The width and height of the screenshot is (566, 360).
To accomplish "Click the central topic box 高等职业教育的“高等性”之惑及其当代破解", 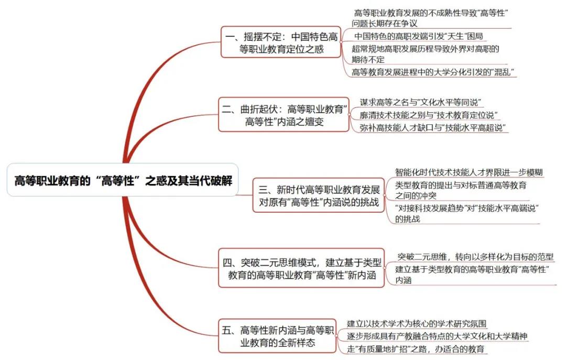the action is click(123, 180).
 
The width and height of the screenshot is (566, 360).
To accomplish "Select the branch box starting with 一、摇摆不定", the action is click(281, 42).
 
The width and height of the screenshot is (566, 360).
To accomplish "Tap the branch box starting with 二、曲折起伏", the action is click(284, 115).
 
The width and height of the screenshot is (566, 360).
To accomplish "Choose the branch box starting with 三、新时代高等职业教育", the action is click(319, 195).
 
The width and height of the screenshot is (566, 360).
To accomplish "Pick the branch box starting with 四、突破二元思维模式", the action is click(301, 268).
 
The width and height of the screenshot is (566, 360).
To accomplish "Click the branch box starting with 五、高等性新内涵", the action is click(277, 336).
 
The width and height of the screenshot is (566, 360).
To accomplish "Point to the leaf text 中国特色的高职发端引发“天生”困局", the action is click(418, 36).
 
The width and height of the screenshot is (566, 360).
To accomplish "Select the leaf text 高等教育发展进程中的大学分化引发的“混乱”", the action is click(433, 72).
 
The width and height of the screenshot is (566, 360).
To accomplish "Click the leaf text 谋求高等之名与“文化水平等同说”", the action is click(420, 102).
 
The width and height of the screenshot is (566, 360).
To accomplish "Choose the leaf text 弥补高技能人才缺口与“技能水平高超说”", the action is click(432, 128).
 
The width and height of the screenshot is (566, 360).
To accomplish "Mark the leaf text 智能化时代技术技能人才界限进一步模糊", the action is click(469, 172).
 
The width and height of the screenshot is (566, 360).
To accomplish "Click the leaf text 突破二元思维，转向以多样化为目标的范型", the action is click(475, 257).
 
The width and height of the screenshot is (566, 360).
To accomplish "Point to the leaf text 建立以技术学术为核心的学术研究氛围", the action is click(417, 323).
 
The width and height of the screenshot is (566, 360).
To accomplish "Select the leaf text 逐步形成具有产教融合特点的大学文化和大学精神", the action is click(437, 336).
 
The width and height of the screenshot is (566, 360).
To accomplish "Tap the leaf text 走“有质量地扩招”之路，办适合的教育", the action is click(416, 349).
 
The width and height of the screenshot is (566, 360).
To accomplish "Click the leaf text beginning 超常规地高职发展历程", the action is click(425, 54).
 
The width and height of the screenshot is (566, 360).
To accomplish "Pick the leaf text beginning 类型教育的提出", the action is click(461, 190).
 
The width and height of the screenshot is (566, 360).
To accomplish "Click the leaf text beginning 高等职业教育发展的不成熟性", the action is click(430, 18).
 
